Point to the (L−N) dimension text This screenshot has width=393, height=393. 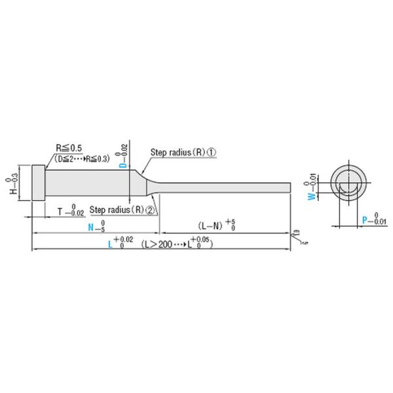click(x=210, y=225)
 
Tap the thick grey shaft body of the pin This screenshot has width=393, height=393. click(x=92, y=184)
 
